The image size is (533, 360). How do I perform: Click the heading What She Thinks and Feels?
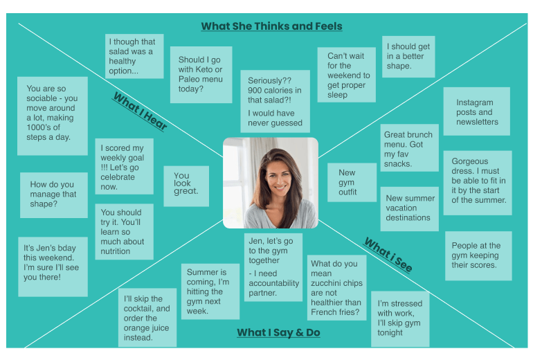coord(271,26)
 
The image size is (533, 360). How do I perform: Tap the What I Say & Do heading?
coord(278,332)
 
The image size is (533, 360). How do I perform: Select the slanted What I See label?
coord(388,255)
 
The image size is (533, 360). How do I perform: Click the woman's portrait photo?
coord(271,183)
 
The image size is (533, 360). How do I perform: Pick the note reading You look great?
coord(186,184)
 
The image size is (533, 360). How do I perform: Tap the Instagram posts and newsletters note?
coord(476,111)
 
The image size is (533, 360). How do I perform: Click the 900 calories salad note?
coord(275,101)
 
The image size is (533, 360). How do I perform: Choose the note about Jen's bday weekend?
coord(53,266)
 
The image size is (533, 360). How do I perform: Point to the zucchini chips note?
coord(336,287)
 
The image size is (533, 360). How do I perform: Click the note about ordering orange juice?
coord(147,318)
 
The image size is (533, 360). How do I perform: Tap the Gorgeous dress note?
coord(478,182)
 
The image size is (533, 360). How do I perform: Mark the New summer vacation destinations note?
coord(409,208)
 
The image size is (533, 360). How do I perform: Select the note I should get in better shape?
coord(408,57)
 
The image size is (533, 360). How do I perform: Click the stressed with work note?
coord(399,318)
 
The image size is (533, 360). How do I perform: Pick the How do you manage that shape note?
coord(53,195)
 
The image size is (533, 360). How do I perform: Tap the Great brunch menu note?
coord(409,148)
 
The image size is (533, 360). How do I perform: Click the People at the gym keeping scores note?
coord(478,255)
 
